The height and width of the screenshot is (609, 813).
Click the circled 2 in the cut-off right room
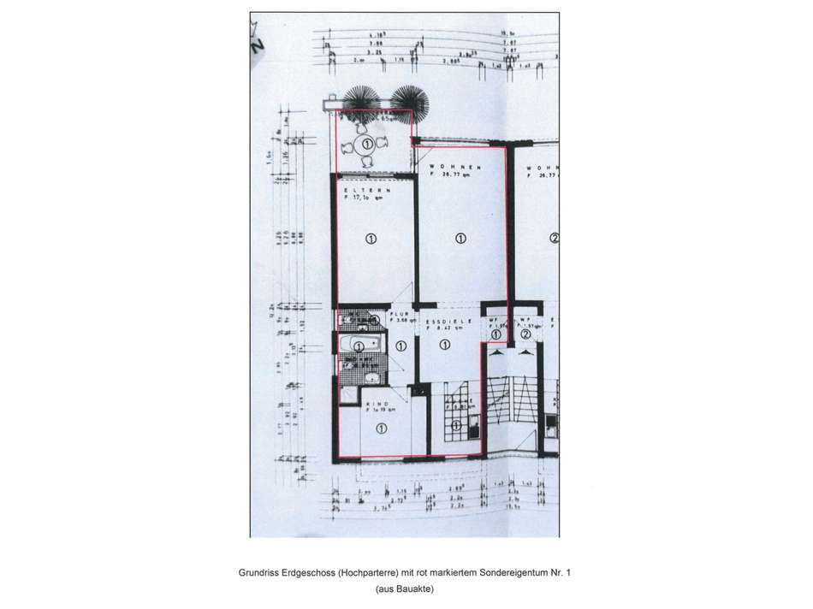554,239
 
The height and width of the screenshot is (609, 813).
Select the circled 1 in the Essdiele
444,345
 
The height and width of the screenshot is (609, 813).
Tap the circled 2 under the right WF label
525,334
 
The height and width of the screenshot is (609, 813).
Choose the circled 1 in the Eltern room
371,239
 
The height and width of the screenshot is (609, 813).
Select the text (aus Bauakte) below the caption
405,589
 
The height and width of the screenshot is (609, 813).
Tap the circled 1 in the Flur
401,346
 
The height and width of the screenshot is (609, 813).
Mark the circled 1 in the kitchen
455,425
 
